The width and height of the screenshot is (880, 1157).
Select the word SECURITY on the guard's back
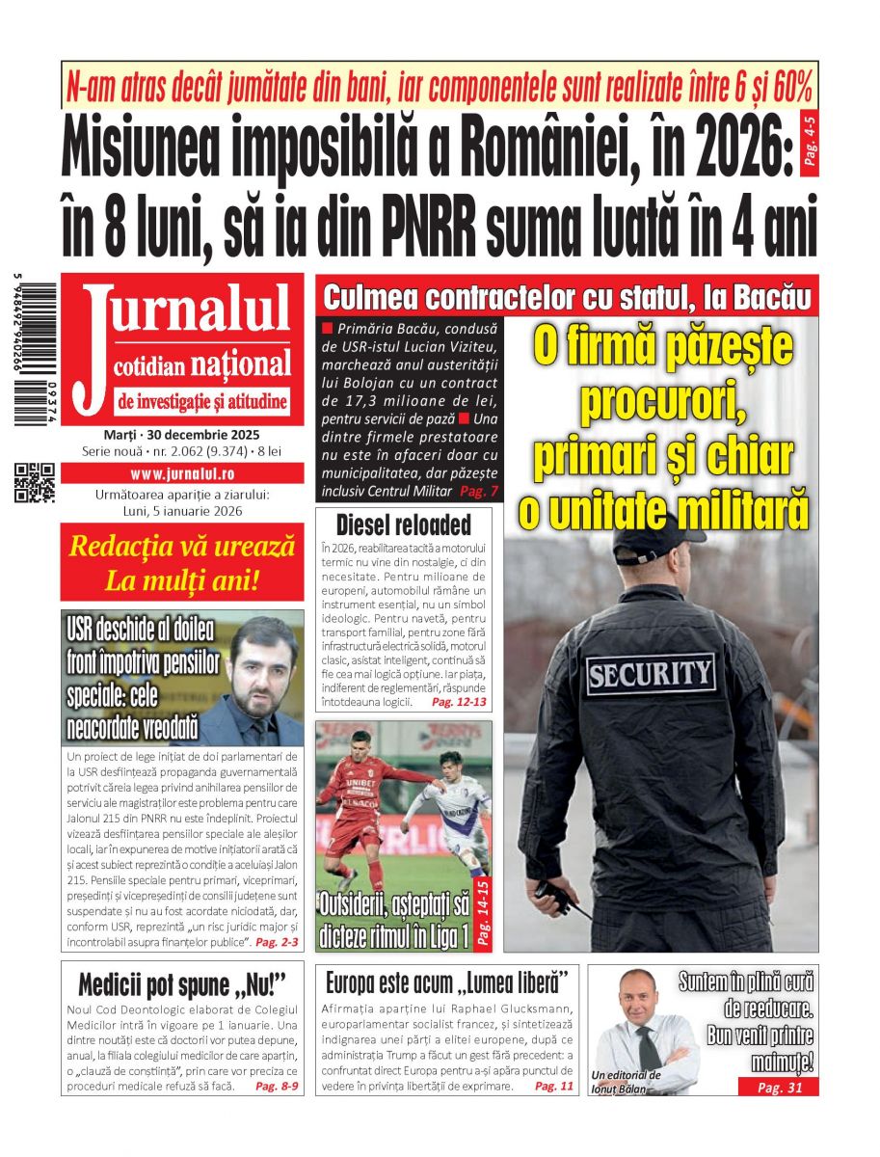650,673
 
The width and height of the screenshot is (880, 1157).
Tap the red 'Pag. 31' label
779,1088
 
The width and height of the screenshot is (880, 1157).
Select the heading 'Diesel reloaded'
404,525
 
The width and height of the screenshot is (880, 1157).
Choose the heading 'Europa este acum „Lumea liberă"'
446,984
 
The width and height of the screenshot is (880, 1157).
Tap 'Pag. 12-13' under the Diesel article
460,703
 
